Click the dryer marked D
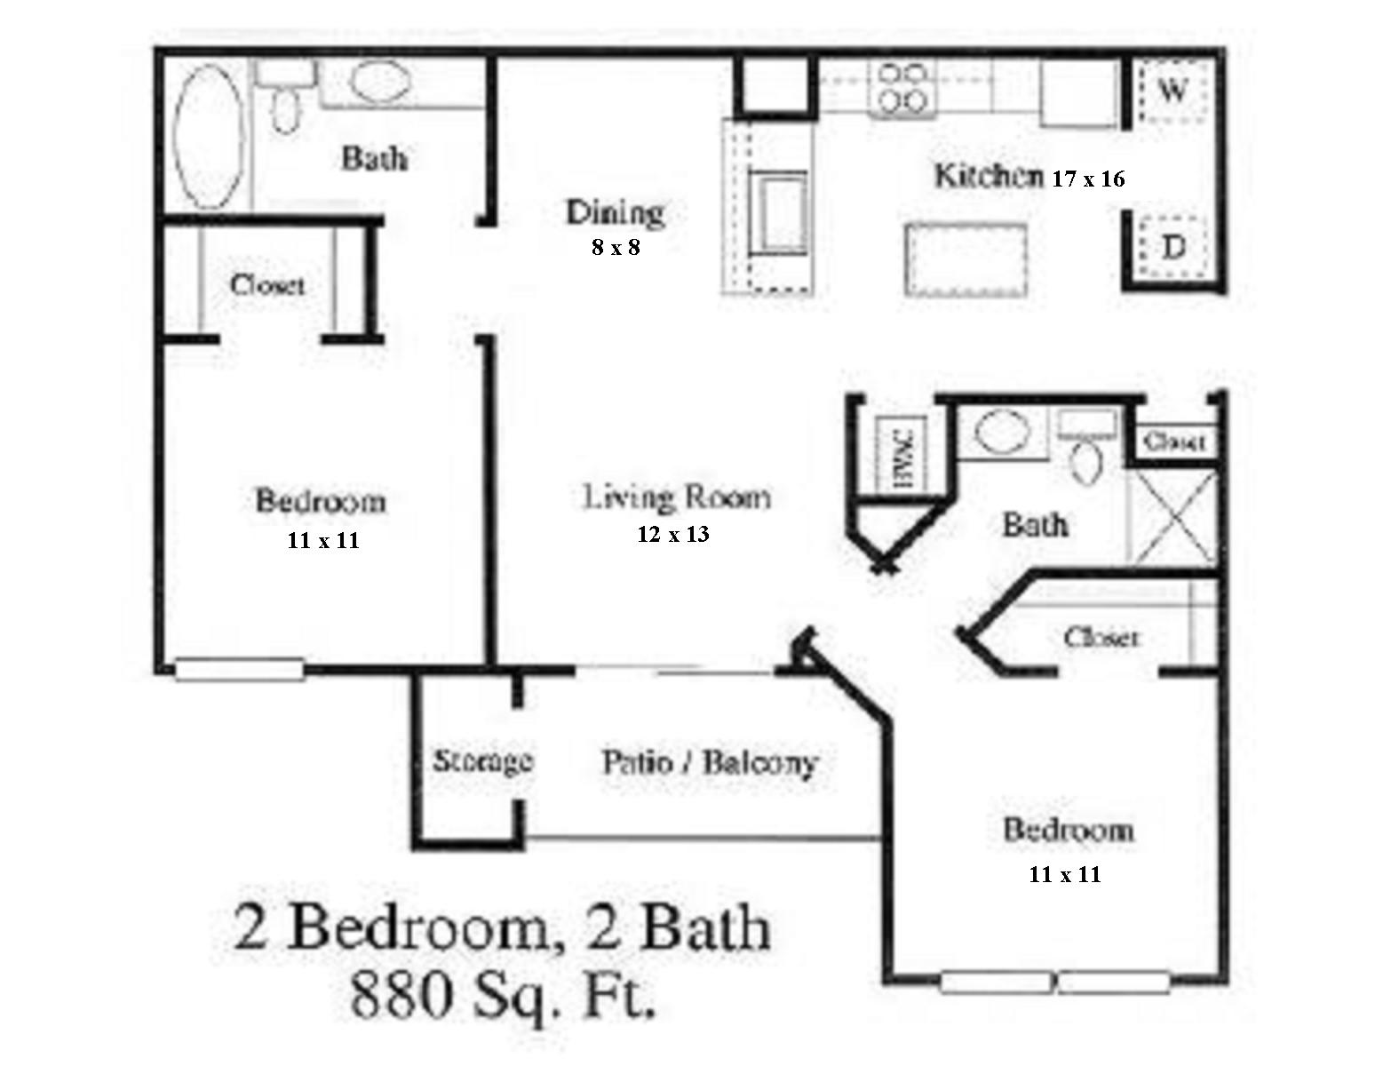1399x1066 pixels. tap(1173, 247)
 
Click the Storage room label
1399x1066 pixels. tap(482, 761)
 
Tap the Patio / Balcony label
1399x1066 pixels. tap(709, 763)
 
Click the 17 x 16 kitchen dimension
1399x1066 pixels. tap(1088, 179)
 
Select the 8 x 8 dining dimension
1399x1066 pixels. tap(616, 248)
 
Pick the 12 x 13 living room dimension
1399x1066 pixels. tap(673, 535)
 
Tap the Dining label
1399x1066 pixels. tap(616, 212)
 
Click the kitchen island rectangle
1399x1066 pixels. tap(966, 259)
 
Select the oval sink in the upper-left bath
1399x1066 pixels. tap(380, 82)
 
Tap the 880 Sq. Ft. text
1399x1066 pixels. tap(504, 995)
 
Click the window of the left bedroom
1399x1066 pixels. tap(239, 669)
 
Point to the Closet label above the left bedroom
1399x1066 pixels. tap(266, 285)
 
